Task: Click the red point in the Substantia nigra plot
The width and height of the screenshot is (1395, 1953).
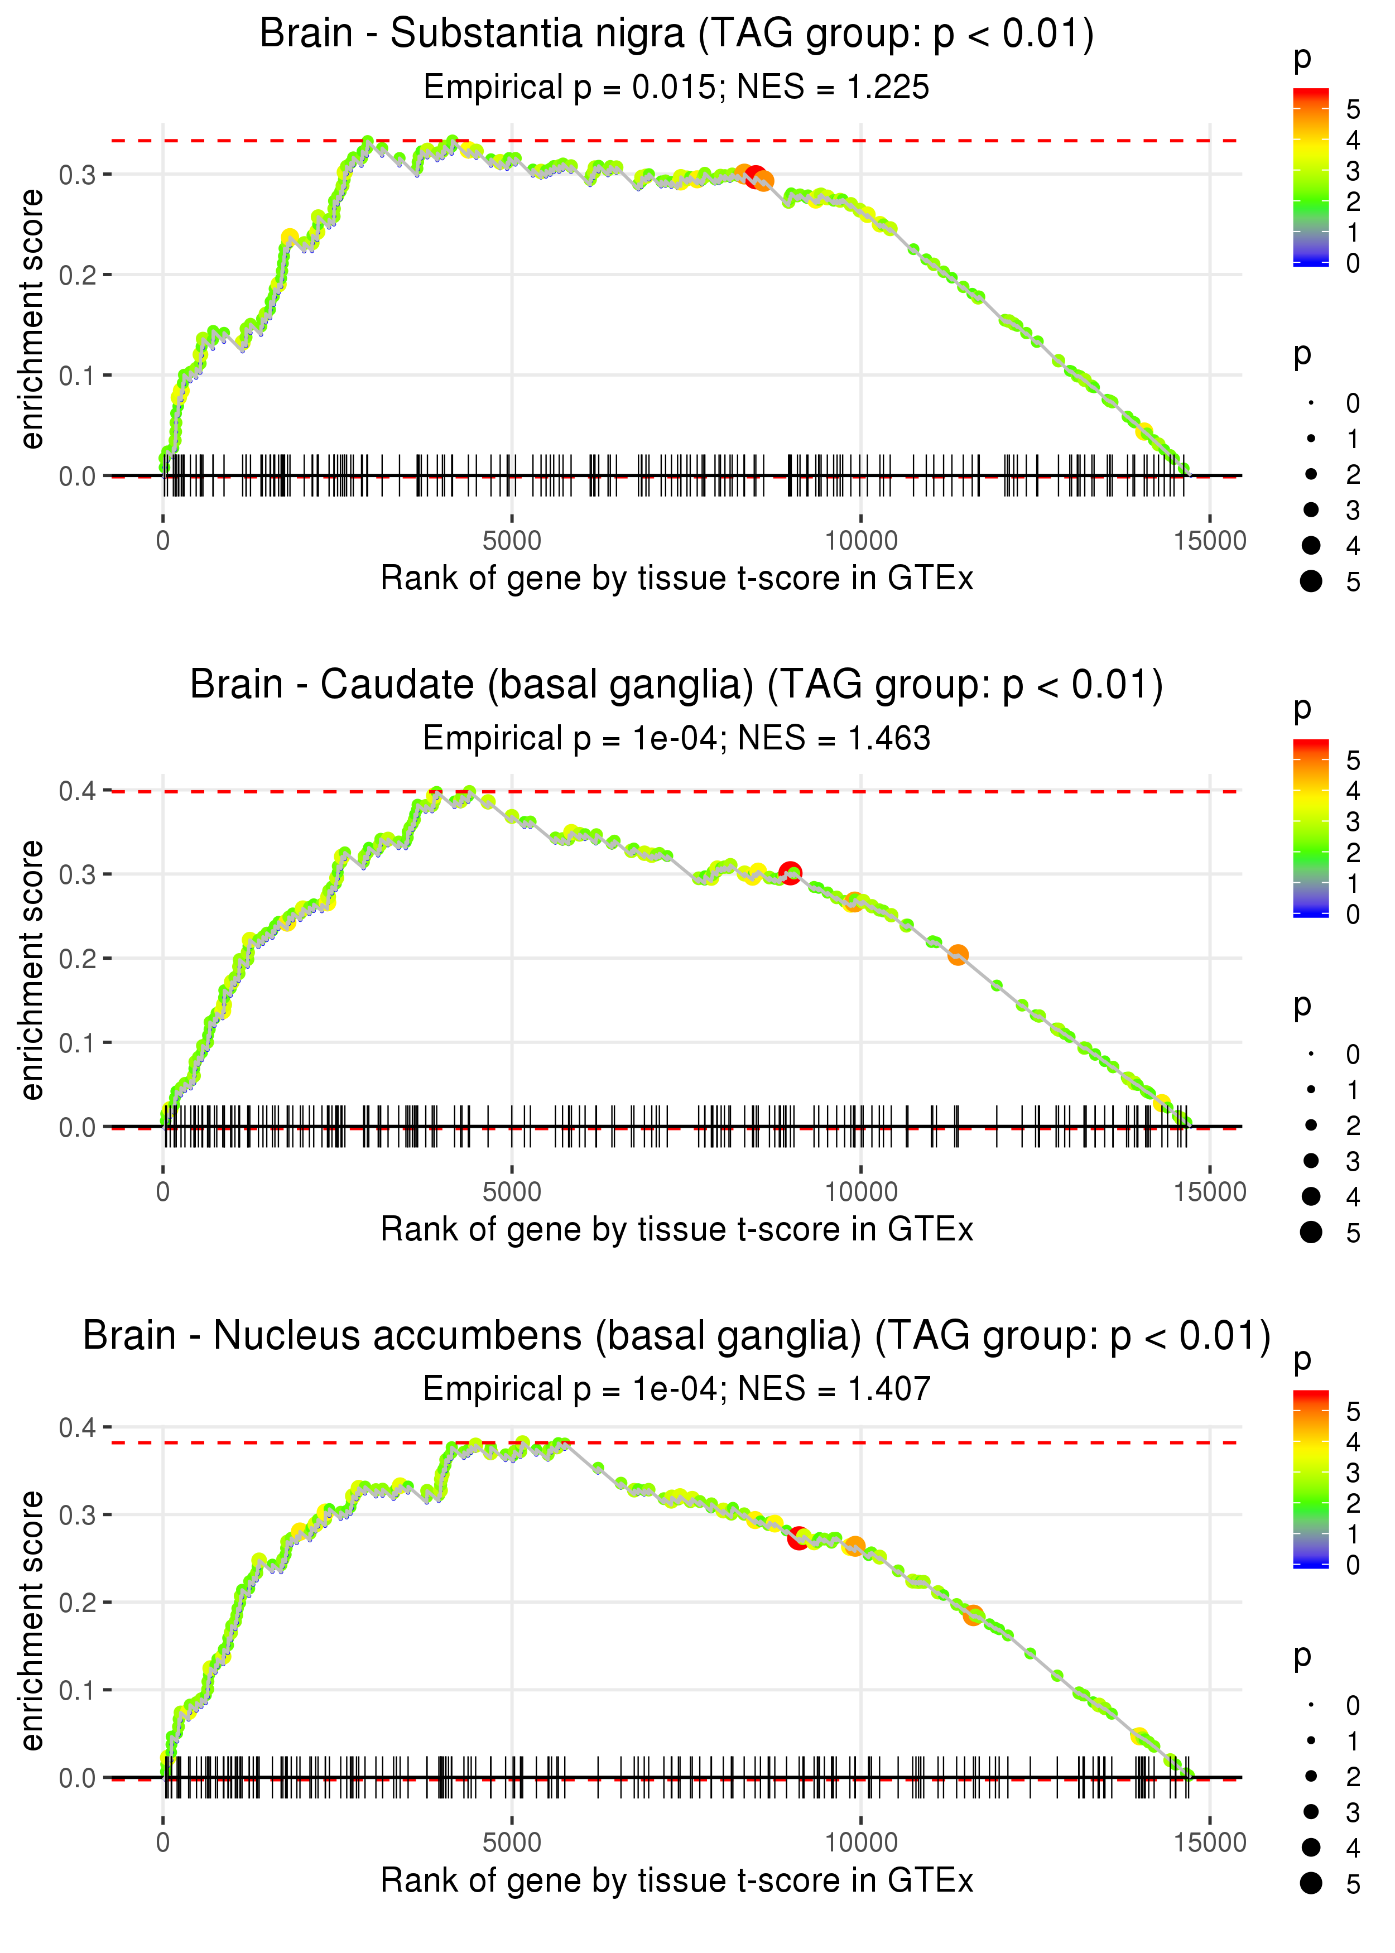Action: tap(755, 177)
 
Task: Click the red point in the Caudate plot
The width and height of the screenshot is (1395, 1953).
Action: tap(790, 873)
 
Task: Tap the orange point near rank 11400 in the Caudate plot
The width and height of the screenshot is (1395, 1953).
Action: tap(958, 954)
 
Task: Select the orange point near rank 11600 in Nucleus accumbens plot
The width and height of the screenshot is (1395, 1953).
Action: tap(973, 1615)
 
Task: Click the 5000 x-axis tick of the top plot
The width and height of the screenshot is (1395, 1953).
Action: tap(512, 541)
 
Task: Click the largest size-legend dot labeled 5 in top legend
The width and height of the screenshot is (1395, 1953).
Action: tap(1311, 581)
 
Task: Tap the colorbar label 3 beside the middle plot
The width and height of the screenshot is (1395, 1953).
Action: tap(1353, 822)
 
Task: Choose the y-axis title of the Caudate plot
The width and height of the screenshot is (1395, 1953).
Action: tap(32, 970)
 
